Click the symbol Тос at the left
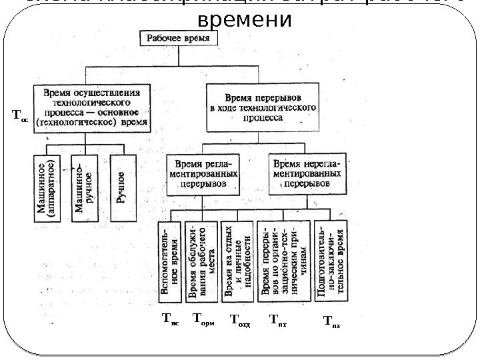tap(21, 115)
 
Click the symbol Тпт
tap(277, 319)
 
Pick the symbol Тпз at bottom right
tap(331, 320)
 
